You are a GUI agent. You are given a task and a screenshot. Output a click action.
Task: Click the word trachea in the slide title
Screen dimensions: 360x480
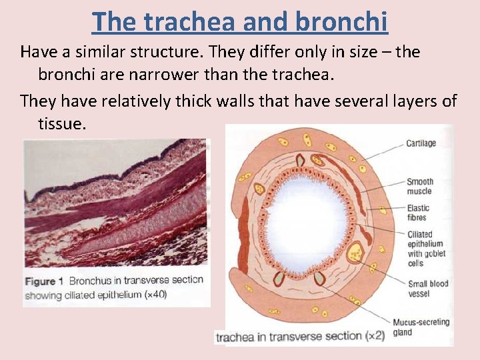[198, 21]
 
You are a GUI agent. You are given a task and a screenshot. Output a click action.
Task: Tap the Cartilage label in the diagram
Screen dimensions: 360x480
[421, 143]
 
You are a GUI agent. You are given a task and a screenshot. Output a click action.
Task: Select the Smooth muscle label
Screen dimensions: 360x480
[420, 186]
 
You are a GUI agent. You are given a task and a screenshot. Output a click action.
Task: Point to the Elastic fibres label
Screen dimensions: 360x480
[419, 213]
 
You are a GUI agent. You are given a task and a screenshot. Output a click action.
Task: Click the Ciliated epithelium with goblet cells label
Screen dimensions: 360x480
[425, 249]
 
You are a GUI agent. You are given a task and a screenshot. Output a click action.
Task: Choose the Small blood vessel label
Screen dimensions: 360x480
[428, 289]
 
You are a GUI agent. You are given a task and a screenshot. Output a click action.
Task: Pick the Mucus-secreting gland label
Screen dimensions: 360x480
[421, 327]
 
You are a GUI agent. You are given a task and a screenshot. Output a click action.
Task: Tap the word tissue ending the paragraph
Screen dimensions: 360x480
[62, 123]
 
